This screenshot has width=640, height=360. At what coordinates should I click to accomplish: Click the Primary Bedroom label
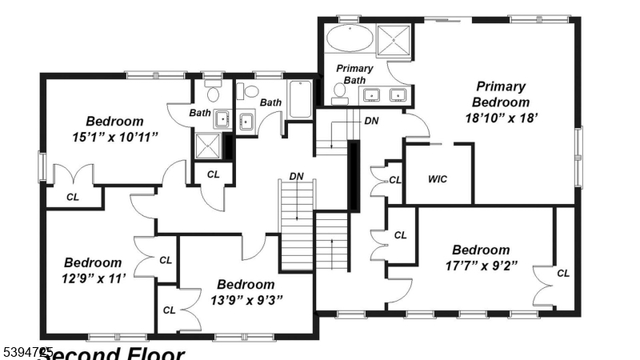coord(500,94)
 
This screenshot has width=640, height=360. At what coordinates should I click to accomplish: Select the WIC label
coord(437,178)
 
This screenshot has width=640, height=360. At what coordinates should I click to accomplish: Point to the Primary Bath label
coord(354,74)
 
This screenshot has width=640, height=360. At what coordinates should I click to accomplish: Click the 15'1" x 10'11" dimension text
coord(114,137)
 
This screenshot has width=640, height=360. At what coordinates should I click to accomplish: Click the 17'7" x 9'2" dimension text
coord(480,265)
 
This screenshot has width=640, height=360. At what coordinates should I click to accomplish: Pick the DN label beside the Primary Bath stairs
coord(371,121)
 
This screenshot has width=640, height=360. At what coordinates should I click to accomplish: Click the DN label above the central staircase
coord(296,176)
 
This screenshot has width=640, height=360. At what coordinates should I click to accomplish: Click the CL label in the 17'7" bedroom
coord(563,273)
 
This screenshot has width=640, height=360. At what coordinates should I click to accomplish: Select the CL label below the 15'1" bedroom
coord(72,196)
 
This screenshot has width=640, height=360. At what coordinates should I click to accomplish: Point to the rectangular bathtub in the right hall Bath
coord(300,99)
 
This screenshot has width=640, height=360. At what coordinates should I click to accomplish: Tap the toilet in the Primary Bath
coord(339,93)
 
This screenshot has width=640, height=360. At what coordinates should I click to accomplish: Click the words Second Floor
coord(112,354)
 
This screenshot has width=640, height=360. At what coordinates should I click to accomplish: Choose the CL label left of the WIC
coord(394,180)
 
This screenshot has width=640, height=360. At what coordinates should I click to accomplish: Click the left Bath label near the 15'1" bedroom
coord(199,113)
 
